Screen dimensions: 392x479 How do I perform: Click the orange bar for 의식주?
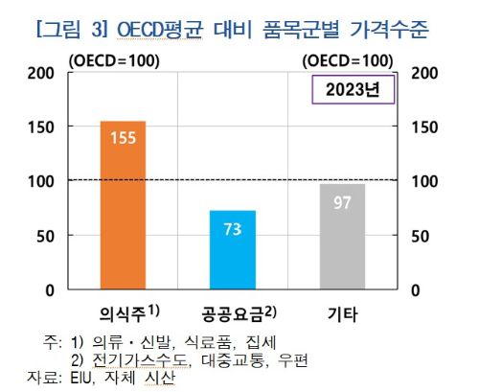[x=123, y=205]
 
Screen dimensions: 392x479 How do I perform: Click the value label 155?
[x=123, y=139]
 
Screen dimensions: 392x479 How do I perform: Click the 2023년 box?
[x=352, y=93]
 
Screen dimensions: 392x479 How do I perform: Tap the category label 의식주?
[x=126, y=313]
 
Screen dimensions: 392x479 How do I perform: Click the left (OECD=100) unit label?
[x=114, y=61]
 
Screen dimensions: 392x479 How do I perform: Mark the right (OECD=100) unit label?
[x=346, y=61]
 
